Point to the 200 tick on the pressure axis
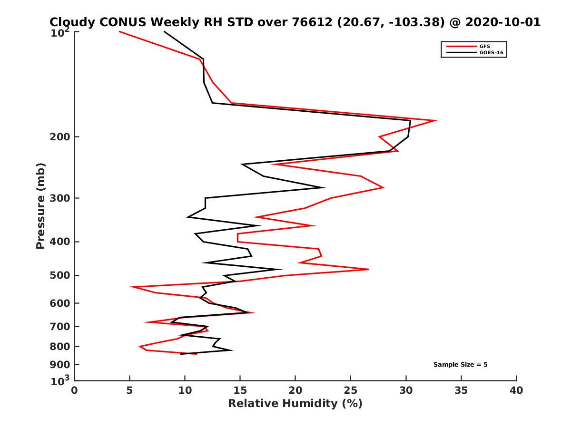[61, 137]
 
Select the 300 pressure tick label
[61, 198]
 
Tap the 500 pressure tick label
[61, 275]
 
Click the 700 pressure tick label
[61, 326]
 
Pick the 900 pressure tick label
[61, 365]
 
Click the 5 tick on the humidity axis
[130, 390]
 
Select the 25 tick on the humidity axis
[351, 390]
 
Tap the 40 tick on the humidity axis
[516, 390]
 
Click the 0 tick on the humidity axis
[75, 390]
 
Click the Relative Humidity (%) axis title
[295, 404]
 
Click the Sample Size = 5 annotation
[460, 365]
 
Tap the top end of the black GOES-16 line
[164, 31]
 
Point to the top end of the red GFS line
[119, 31]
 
